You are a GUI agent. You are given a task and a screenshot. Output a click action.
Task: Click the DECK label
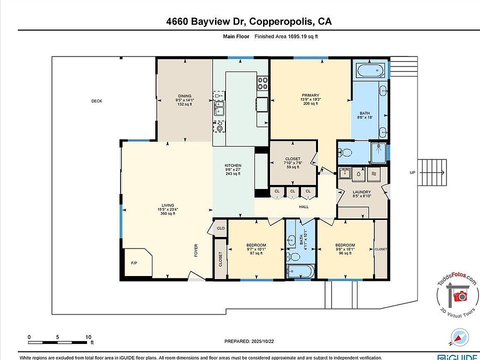(x=96, y=101)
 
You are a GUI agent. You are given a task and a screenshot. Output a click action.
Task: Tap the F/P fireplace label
(x=134, y=263)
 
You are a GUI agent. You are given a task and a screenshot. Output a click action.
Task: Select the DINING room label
(x=184, y=96)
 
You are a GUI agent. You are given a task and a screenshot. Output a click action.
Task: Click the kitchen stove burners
(x=262, y=83)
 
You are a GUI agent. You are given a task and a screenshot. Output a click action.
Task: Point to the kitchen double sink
(x=219, y=108)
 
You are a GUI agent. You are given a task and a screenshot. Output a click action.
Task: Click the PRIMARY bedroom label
(x=310, y=95)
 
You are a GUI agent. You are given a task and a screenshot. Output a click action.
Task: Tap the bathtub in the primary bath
(x=370, y=70)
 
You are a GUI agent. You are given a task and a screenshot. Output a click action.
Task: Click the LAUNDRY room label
(x=361, y=192)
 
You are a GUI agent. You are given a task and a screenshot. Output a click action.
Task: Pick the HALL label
(x=304, y=207)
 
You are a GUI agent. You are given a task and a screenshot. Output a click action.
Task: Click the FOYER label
(x=196, y=250)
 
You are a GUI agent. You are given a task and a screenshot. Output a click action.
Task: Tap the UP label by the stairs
(x=412, y=172)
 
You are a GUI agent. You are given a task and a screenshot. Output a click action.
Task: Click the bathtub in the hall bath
(x=300, y=271)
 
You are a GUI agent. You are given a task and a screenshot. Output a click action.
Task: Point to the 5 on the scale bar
(x=57, y=337)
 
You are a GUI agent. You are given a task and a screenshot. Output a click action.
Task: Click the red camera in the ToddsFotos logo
(x=460, y=296)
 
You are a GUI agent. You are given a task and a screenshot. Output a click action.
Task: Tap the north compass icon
(x=459, y=337)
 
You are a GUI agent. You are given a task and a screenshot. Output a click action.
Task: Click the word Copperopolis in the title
(x=281, y=21)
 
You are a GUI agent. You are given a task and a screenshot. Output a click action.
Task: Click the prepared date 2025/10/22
(x=262, y=341)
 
